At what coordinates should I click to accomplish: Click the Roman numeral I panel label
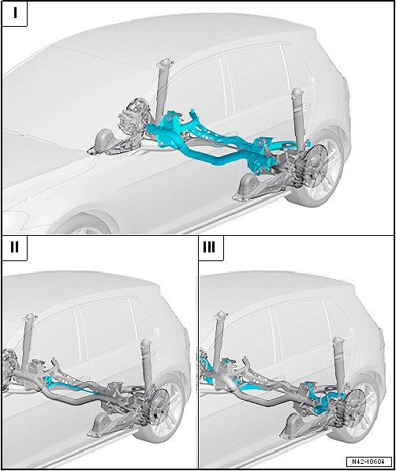15,13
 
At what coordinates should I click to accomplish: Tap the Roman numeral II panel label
14,247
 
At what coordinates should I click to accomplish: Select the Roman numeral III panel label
209,247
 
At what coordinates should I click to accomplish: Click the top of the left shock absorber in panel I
164,63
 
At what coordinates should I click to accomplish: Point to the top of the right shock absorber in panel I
297,92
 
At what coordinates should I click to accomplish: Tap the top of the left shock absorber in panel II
30,317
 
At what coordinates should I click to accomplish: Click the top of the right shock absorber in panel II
145,342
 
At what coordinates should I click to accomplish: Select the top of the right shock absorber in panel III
339,340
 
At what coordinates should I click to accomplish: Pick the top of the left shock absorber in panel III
222,315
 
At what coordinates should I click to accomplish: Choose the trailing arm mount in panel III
296,425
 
